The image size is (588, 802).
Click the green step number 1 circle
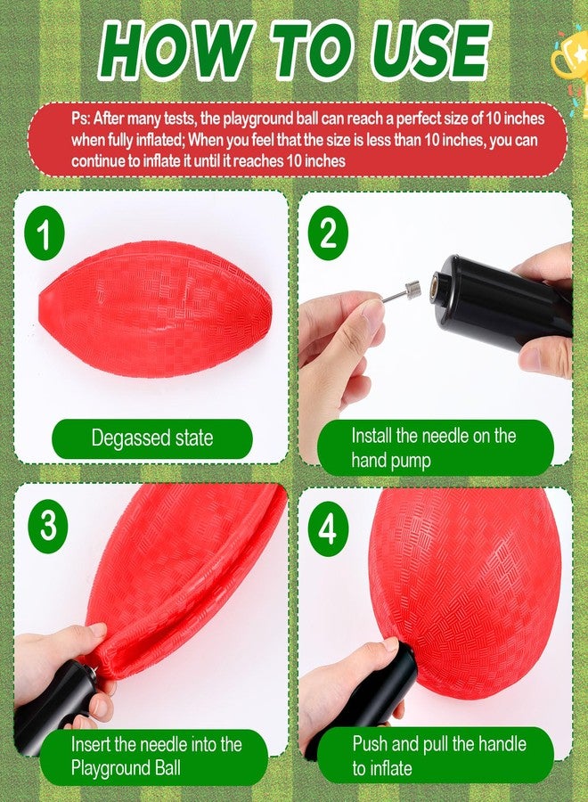point(45,233)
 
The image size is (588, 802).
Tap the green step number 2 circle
point(328,233)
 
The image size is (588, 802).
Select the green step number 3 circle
point(48,527)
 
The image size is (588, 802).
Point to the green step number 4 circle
point(328,529)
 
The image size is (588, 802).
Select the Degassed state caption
point(152,438)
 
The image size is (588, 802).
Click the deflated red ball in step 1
point(156,309)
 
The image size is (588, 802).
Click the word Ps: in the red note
point(81,119)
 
